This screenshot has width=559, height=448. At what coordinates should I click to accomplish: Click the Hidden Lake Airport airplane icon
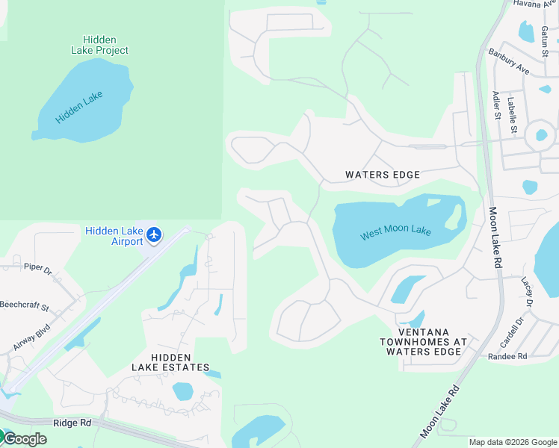pyautogui.click(x=154, y=235)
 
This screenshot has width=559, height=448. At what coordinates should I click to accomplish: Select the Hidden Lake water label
pyautogui.click(x=78, y=107)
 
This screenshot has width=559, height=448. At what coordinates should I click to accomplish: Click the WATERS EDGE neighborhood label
pyautogui.click(x=383, y=175)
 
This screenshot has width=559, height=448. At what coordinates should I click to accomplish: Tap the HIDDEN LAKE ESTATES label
pyautogui.click(x=170, y=363)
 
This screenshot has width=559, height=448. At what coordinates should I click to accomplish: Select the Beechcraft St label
pyautogui.click(x=25, y=307)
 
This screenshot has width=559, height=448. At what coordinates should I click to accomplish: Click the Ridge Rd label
pyautogui.click(x=72, y=423)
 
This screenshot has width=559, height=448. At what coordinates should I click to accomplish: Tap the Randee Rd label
pyautogui.click(x=507, y=356)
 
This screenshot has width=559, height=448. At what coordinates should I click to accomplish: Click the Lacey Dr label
pyautogui.click(x=526, y=292)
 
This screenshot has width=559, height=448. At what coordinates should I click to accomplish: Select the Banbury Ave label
pyautogui.click(x=508, y=62)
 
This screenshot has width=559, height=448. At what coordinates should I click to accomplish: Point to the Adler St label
pyautogui.click(x=495, y=105)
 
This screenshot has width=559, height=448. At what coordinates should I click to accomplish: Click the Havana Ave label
pyautogui.click(x=536, y=4)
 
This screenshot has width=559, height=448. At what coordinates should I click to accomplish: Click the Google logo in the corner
pyautogui.click(x=24, y=439)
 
